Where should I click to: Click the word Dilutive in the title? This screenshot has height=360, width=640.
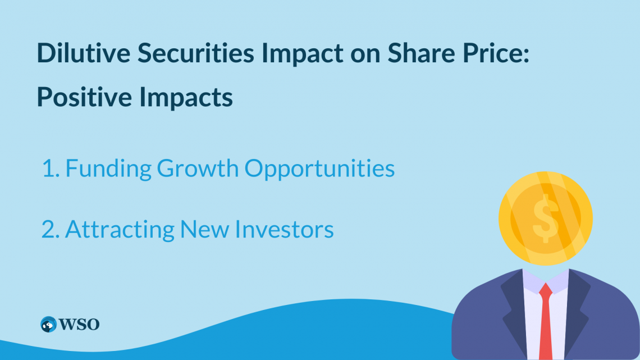tap(84, 53)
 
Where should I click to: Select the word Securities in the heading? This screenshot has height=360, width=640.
tap(196, 53)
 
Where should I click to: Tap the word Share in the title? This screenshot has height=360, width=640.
tap(421, 53)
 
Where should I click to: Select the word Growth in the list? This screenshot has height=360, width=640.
tap(198, 168)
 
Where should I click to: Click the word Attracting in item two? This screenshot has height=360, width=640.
tap(120, 229)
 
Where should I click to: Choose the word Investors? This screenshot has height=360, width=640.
tap(284, 229)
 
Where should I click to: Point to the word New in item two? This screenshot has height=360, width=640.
tap(204, 229)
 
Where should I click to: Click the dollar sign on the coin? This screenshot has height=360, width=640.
tap(546, 218)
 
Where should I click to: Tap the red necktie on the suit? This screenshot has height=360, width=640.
tap(546, 322)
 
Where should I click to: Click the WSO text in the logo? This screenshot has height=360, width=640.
tap(79, 325)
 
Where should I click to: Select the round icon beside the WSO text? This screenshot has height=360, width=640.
tap(49, 325)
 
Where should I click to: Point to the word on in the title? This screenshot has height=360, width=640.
tap(365, 55)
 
